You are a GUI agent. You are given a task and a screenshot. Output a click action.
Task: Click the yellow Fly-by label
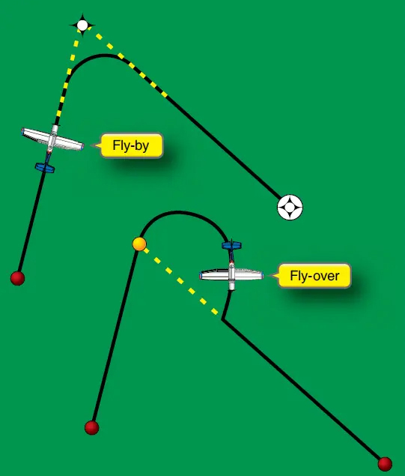pos(132,145)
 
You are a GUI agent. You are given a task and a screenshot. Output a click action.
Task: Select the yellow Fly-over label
pos(314,276)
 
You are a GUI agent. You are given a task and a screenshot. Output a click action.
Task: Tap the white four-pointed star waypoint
pos(82,25)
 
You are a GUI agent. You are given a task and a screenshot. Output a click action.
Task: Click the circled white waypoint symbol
pos(290,208)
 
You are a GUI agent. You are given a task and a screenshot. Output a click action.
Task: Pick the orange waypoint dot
pos(139,244)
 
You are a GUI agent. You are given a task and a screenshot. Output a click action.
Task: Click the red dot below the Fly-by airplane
pos(17,278)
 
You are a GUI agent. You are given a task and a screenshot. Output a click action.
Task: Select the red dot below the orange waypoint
pos(92,427)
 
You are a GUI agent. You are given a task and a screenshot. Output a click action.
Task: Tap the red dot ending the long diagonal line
pos(385,464)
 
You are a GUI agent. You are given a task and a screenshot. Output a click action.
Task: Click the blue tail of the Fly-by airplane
pos(45,168)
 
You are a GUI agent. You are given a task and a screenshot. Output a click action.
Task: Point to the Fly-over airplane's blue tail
pos(231,245)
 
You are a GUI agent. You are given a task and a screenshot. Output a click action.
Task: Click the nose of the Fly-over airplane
pos(231,287)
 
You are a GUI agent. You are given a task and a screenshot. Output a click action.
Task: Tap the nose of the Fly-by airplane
pos(55,127)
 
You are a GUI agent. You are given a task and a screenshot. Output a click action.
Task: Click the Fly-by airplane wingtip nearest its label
pos(82,147)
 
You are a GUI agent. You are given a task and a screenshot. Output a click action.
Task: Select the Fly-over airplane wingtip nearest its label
pos(261,276)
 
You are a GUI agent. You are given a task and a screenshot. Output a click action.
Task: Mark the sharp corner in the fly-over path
pos(222,319)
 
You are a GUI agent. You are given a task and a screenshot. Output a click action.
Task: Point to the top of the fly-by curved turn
pos(105,55)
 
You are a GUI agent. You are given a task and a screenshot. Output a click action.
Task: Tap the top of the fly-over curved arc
pos(179,212)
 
